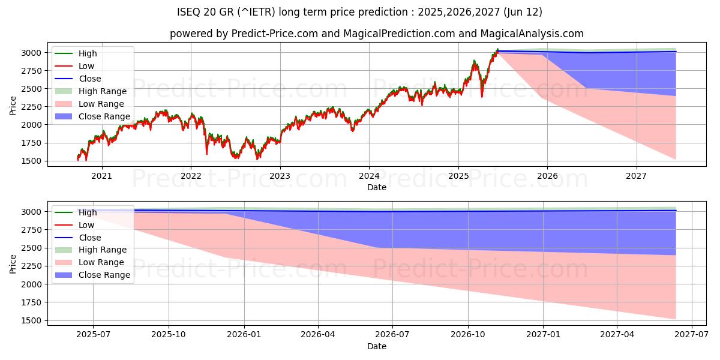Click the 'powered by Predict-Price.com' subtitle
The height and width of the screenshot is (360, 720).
(x=376, y=34)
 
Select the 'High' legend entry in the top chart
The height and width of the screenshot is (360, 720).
(x=88, y=53)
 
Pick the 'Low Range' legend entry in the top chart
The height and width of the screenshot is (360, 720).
(x=101, y=104)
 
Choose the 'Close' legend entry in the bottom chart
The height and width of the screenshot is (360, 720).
(x=90, y=238)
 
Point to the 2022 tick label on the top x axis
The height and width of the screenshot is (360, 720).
(x=191, y=175)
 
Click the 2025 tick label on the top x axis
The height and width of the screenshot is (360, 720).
(x=458, y=175)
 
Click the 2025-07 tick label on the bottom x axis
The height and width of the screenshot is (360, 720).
(x=93, y=334)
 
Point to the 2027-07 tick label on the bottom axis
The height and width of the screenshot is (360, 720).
(x=692, y=334)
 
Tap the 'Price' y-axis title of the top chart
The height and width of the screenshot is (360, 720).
(x=13, y=106)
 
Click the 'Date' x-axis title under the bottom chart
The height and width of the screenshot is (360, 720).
(x=376, y=346)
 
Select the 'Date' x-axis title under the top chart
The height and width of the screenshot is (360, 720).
(x=376, y=187)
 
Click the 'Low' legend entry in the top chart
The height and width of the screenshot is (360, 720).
(x=86, y=66)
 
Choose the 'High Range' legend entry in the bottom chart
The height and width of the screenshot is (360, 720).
(x=103, y=250)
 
